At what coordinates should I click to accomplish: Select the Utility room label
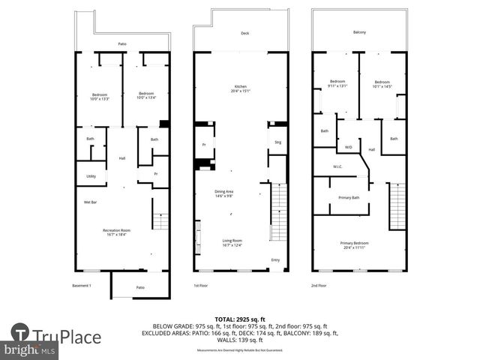tap(91, 176)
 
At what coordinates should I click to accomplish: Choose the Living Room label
tap(233, 243)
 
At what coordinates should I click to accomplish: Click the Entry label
tap(275, 260)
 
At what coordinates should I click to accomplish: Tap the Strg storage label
tap(277, 141)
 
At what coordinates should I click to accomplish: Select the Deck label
tap(244, 34)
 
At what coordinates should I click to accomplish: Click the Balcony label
tap(360, 32)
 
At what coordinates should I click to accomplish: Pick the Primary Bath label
tap(349, 197)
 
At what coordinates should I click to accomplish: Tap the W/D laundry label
tap(348, 147)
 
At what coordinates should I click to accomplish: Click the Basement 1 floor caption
tap(81, 286)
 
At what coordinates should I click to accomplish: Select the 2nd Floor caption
tap(319, 286)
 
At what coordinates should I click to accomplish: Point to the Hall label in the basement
tap(122, 157)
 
